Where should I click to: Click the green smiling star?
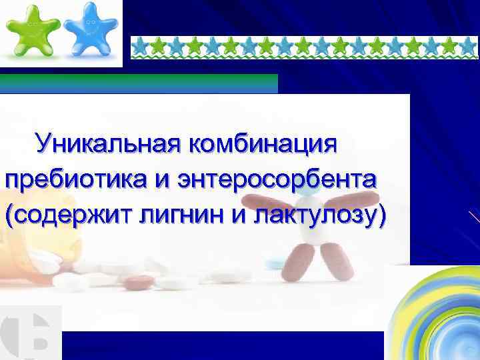31,31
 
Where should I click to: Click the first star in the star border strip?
140,45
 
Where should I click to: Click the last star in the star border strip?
468,45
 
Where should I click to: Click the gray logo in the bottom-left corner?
30,333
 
